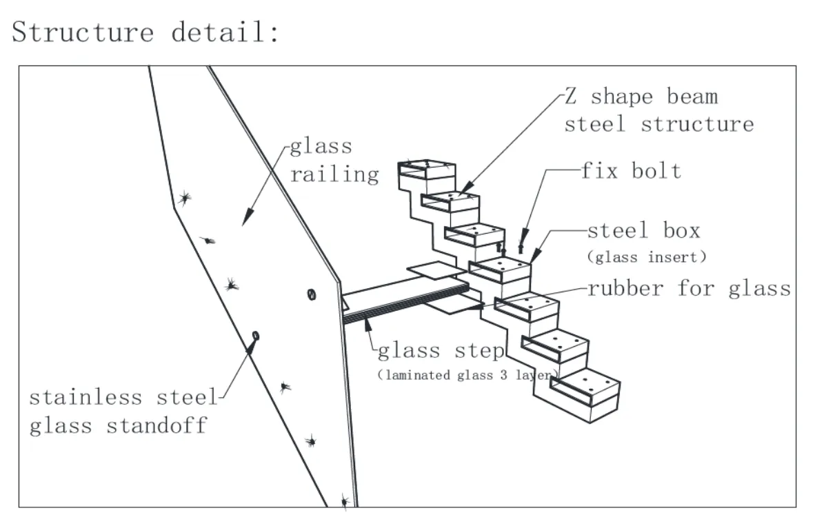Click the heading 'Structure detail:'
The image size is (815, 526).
pos(145,32)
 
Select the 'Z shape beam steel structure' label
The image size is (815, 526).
pos(658,110)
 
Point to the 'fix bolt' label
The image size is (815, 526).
pos(631,170)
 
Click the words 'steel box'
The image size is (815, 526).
pos(643,231)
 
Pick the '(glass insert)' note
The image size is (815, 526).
pos(647,257)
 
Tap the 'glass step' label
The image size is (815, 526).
pos(441,350)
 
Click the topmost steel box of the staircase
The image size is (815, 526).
pos(427,170)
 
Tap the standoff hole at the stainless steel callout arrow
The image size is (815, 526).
pos(256,336)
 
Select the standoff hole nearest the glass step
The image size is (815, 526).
pos(311,294)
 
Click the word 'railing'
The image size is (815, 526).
pos(334,174)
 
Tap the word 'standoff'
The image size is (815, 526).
pos(157,425)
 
